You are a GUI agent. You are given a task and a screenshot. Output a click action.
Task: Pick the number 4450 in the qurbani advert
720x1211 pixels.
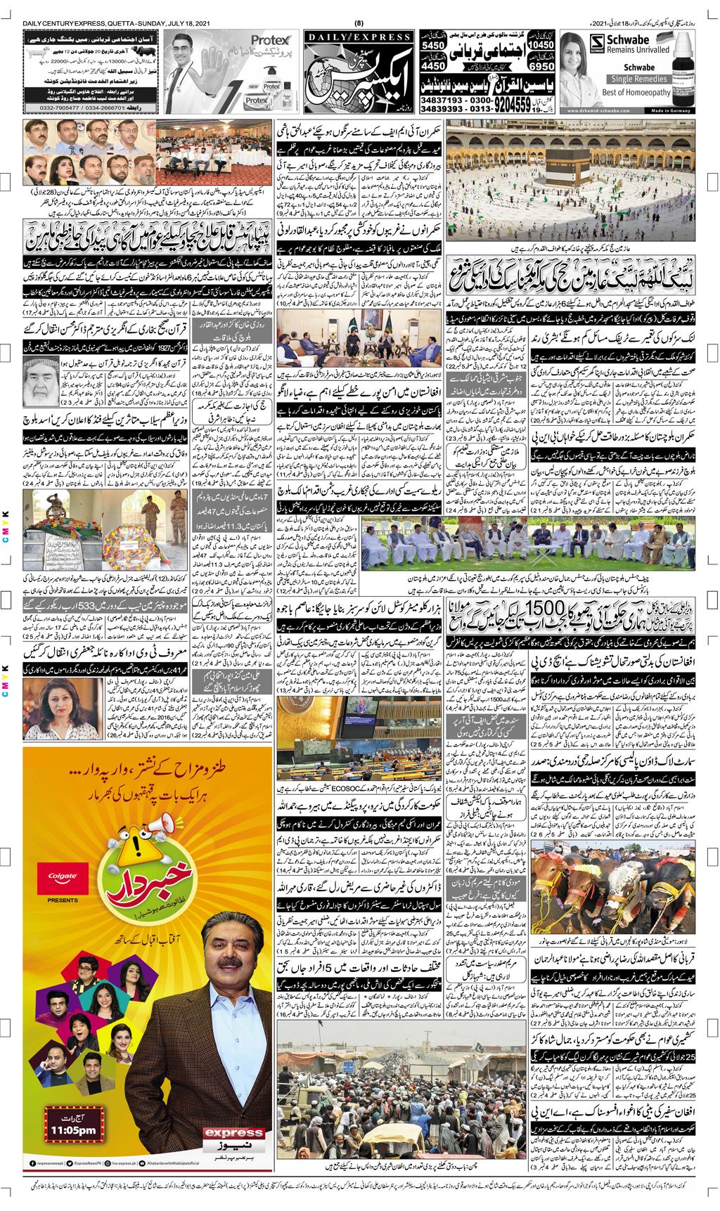tap(435, 66)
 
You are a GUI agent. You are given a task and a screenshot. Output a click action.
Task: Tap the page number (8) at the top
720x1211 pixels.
tap(359, 25)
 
